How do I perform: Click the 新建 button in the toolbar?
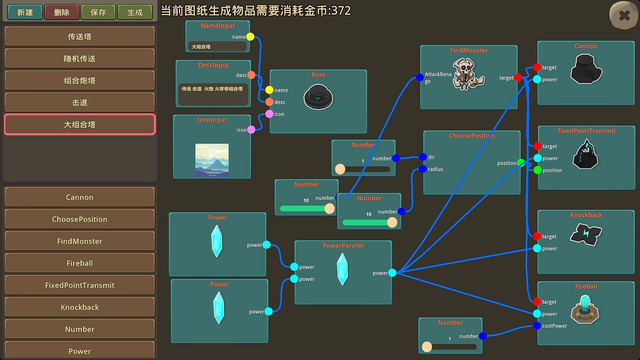pyautogui.click(x=25, y=12)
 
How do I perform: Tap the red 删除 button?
pyautogui.click(x=62, y=12)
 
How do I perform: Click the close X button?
pyautogui.click(x=624, y=15)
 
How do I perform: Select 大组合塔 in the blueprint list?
pyautogui.click(x=80, y=125)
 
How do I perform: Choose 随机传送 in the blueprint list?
pyautogui.click(x=80, y=59)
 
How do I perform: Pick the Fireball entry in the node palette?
pyautogui.click(x=80, y=263)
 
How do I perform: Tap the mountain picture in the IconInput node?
pyautogui.click(x=212, y=160)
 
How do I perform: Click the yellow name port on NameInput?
pyautogui.click(x=250, y=37)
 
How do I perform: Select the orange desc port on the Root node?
pyautogui.click(x=269, y=102)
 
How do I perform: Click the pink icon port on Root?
pyautogui.click(x=269, y=114)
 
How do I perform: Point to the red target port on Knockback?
pyautogui.click(x=537, y=236)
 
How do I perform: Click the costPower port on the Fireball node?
pyautogui.click(x=537, y=326)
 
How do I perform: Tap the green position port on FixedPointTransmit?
pyautogui.click(x=537, y=170)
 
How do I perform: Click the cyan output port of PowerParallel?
pyautogui.click(x=392, y=273)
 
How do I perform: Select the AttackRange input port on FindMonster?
pyautogui.click(x=420, y=78)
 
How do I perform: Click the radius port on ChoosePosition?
pyautogui.click(x=423, y=169)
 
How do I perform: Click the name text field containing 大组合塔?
pyautogui.click(x=218, y=47)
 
